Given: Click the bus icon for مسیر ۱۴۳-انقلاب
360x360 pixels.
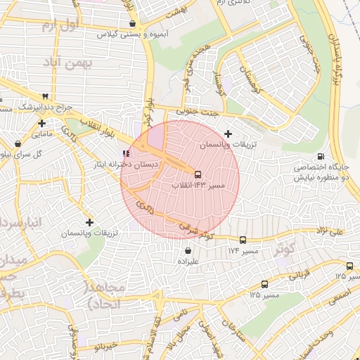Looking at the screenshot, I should click(x=198, y=174).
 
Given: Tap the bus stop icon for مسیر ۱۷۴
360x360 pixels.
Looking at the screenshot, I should click(x=243, y=240).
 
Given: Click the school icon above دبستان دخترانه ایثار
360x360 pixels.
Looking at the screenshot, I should click(x=126, y=153).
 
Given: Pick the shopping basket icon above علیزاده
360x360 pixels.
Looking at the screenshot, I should click(x=188, y=250).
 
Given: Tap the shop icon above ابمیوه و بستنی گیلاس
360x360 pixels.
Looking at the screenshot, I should click(x=132, y=23).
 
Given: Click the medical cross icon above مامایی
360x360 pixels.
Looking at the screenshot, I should click(x=42, y=123).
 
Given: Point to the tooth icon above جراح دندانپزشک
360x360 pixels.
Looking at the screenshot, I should click(x=46, y=96).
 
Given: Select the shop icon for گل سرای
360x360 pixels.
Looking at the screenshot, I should click(x=18, y=144).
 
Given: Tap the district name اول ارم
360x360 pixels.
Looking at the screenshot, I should click(x=58, y=26).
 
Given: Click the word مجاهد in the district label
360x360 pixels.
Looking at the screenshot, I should click(x=105, y=288).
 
